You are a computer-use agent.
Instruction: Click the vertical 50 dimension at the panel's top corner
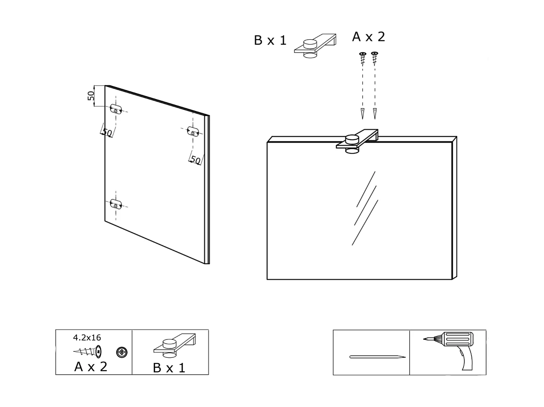click(x=91, y=96)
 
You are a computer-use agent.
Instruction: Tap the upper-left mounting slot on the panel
click(x=116, y=109)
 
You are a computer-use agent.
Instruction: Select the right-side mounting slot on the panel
click(x=193, y=131)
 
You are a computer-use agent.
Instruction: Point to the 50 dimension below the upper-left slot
click(x=107, y=132)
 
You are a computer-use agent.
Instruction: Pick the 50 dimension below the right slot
click(x=196, y=160)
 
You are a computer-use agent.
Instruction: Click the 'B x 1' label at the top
click(x=270, y=41)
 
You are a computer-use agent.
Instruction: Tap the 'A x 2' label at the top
click(x=369, y=37)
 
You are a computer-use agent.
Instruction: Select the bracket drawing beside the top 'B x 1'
click(x=315, y=45)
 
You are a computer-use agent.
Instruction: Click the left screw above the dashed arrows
click(x=363, y=58)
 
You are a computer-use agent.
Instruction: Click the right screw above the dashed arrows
click(x=374, y=58)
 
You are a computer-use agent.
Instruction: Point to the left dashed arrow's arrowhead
click(x=362, y=114)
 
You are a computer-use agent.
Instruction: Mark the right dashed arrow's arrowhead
click(x=375, y=114)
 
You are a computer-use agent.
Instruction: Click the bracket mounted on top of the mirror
click(x=356, y=141)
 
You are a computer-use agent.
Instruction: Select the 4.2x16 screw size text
click(x=87, y=338)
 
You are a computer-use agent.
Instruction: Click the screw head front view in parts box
click(x=122, y=352)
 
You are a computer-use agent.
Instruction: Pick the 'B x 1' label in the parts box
click(x=169, y=368)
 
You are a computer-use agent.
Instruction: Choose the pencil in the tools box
click(x=377, y=357)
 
